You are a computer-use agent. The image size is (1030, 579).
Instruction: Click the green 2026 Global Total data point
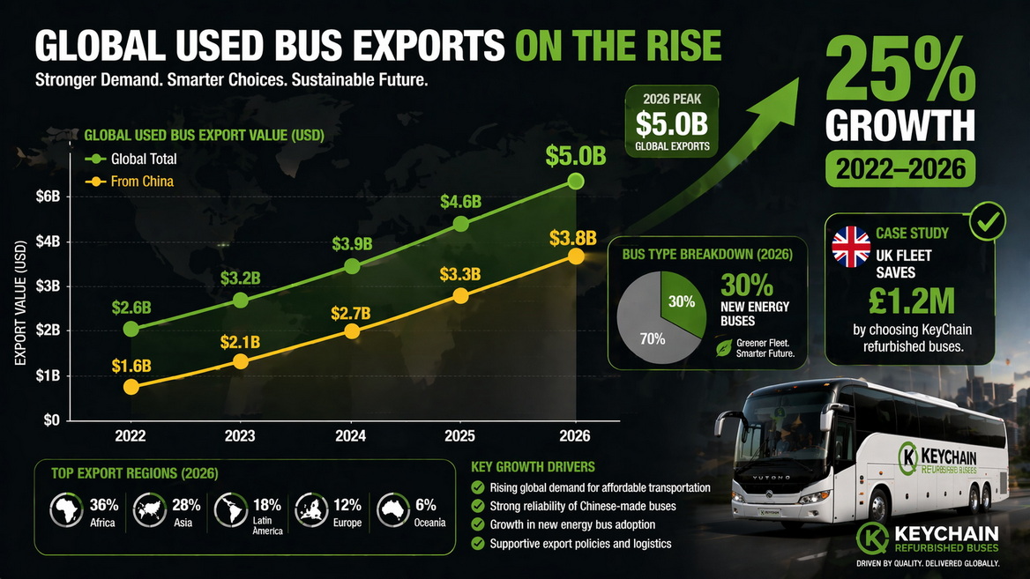coord(576,181)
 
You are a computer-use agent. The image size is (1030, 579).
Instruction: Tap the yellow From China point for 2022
coord(131,386)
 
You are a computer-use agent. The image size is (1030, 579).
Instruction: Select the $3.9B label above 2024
coord(351,243)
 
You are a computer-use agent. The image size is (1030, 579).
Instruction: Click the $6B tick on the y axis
coord(47,197)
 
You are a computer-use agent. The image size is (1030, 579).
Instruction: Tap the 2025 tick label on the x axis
coord(463,435)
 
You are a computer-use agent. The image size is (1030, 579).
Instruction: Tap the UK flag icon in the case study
coord(851,247)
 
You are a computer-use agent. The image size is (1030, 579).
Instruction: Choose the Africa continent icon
coord(66,509)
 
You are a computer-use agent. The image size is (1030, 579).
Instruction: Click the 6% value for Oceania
coord(426,506)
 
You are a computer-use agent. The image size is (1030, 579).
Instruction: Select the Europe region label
coord(347,523)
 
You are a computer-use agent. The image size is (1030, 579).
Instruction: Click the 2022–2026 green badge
coord(899,167)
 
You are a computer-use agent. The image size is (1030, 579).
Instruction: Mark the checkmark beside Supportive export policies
coord(478,544)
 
